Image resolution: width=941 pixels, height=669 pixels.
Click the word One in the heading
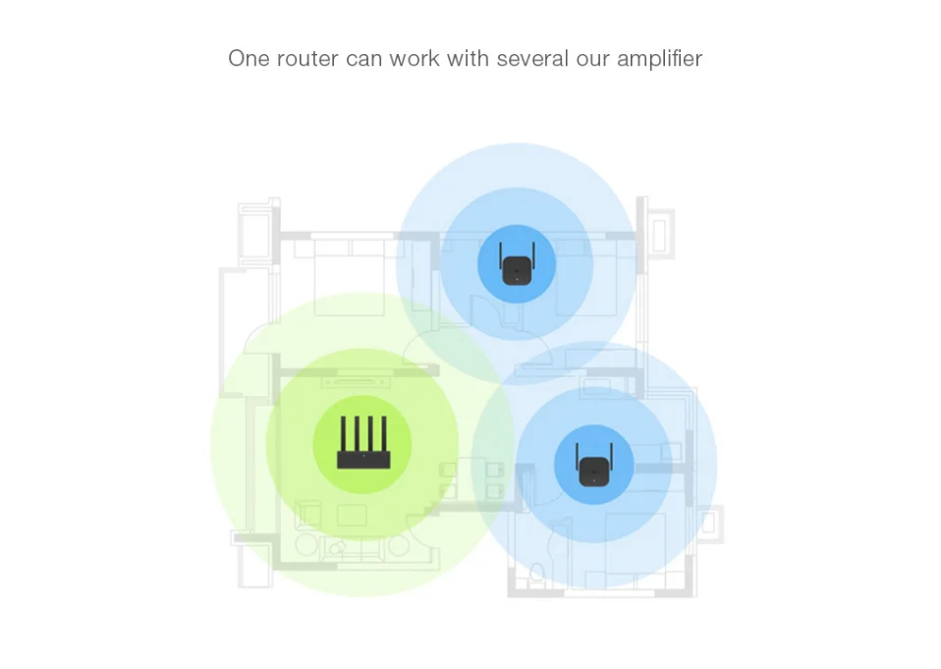pos(249,59)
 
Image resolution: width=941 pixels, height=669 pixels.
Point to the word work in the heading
pos(415,59)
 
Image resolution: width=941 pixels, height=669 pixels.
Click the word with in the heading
pos(468,59)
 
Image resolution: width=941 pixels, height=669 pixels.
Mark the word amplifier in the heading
pos(659,59)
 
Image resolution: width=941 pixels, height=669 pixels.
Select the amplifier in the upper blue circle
pos(517,267)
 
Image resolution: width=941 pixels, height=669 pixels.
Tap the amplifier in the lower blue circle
pos(592,465)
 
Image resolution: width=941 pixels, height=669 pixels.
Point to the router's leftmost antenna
pos(341,434)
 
